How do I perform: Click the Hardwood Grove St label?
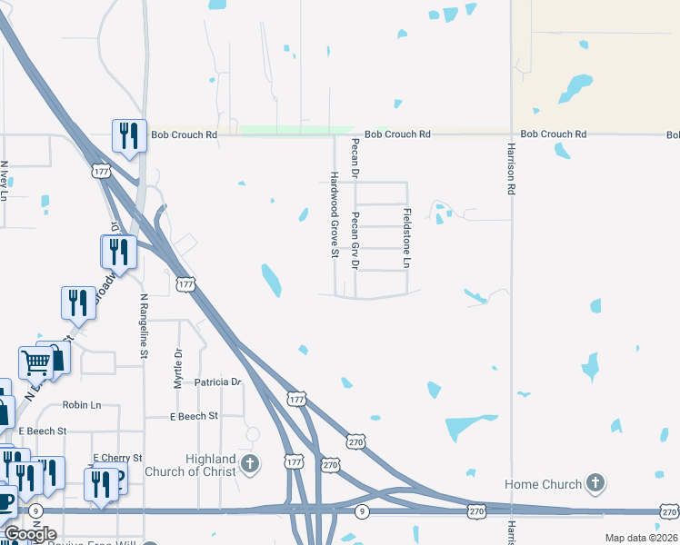[334, 214]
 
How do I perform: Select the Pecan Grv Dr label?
[355, 241]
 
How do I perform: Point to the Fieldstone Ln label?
[406, 237]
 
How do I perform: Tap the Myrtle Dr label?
[178, 369]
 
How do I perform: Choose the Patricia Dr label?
[218, 383]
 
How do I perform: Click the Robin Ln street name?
[82, 404]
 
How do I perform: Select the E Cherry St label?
[117, 458]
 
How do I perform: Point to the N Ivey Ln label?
[5, 181]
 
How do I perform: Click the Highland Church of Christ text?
[198, 466]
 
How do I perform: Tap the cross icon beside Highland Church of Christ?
[250, 466]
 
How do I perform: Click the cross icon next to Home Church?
[595, 483]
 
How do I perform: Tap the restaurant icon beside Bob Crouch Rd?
[128, 135]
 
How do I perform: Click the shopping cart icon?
[36, 362]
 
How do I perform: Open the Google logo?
[29, 534]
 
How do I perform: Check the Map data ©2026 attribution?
[641, 538]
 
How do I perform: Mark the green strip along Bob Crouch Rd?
[296, 130]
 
